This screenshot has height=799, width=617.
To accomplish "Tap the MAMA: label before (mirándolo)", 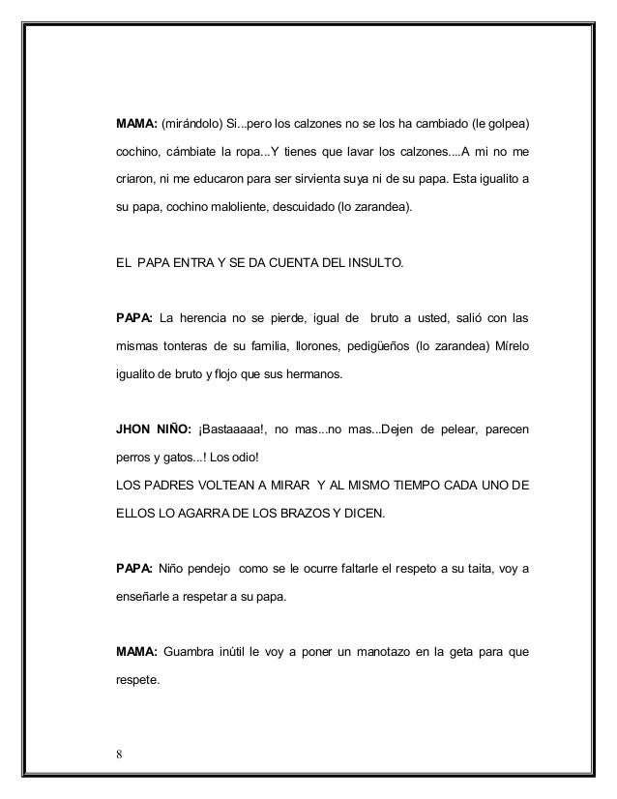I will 136,125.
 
